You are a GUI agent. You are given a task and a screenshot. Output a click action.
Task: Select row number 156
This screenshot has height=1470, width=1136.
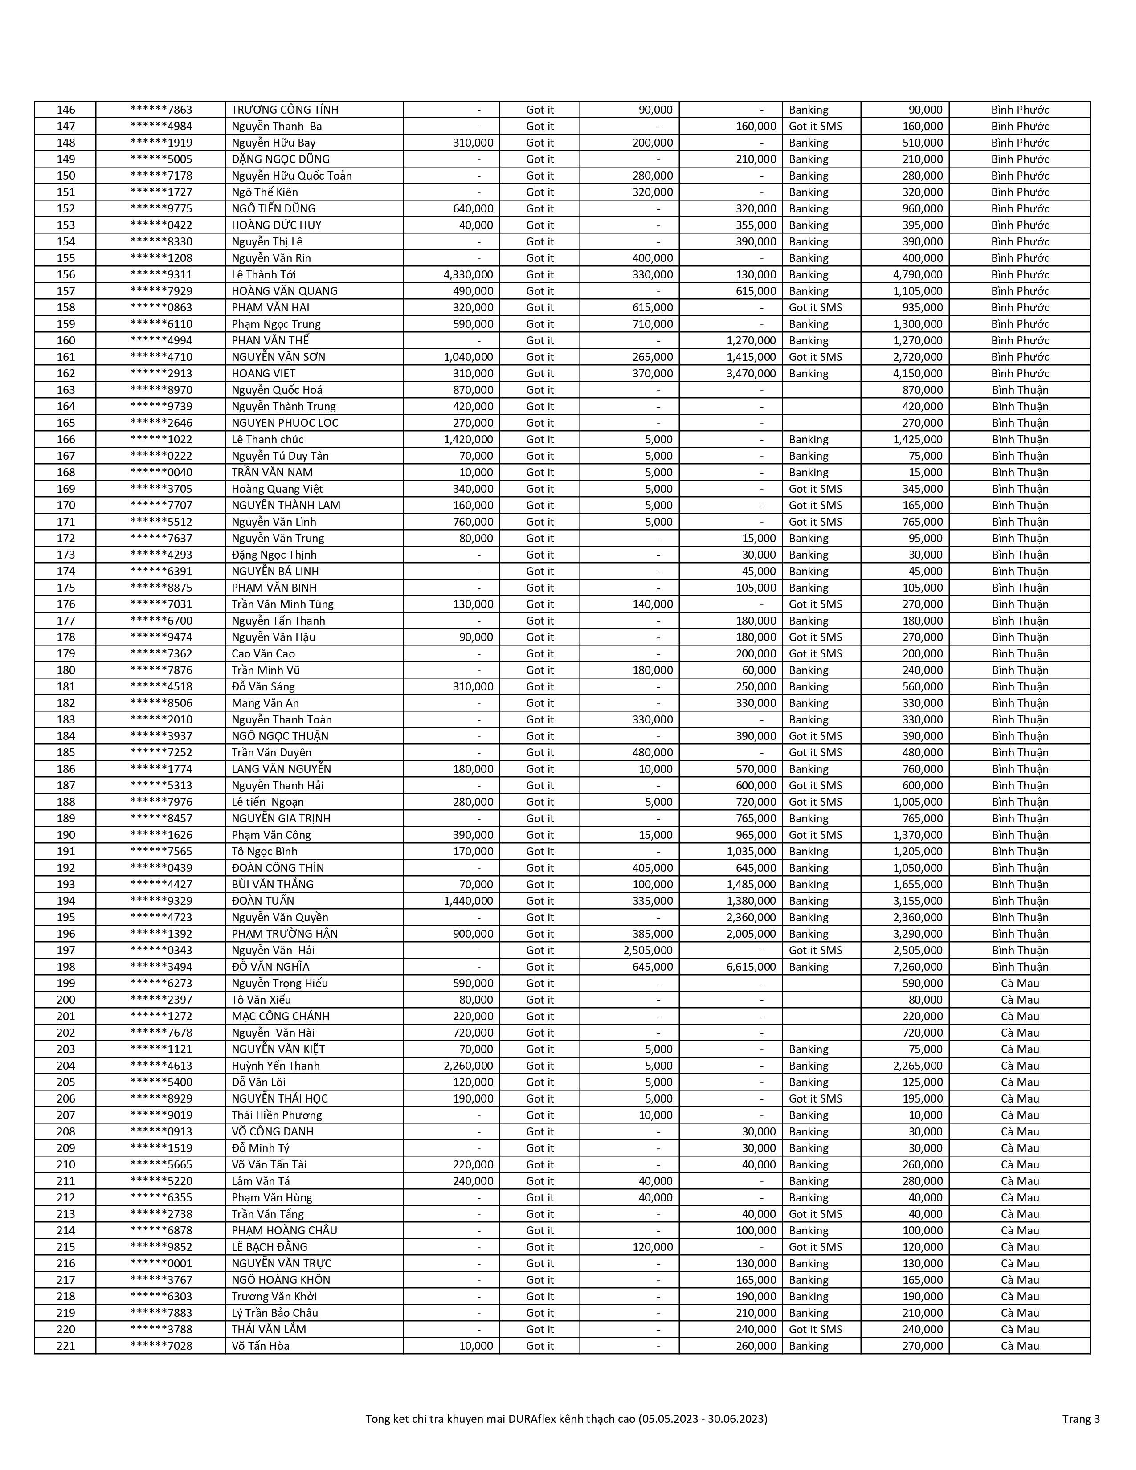click(x=66, y=274)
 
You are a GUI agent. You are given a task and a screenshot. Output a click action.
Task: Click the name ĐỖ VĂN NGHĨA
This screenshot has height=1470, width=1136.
click(x=270, y=967)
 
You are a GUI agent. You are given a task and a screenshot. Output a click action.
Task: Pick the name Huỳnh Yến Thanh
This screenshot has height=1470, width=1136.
click(x=276, y=1066)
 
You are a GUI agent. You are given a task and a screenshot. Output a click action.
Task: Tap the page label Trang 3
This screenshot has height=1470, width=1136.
click(x=1081, y=1419)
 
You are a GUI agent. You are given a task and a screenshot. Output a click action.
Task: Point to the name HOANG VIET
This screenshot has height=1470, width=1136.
click(x=264, y=374)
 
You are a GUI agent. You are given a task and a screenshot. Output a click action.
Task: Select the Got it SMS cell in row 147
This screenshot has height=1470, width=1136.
click(x=815, y=127)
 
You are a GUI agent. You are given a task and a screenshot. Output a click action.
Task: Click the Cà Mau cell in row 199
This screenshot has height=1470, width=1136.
click(x=1020, y=984)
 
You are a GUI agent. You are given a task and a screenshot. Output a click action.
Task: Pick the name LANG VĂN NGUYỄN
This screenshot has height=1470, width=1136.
click(x=281, y=769)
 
